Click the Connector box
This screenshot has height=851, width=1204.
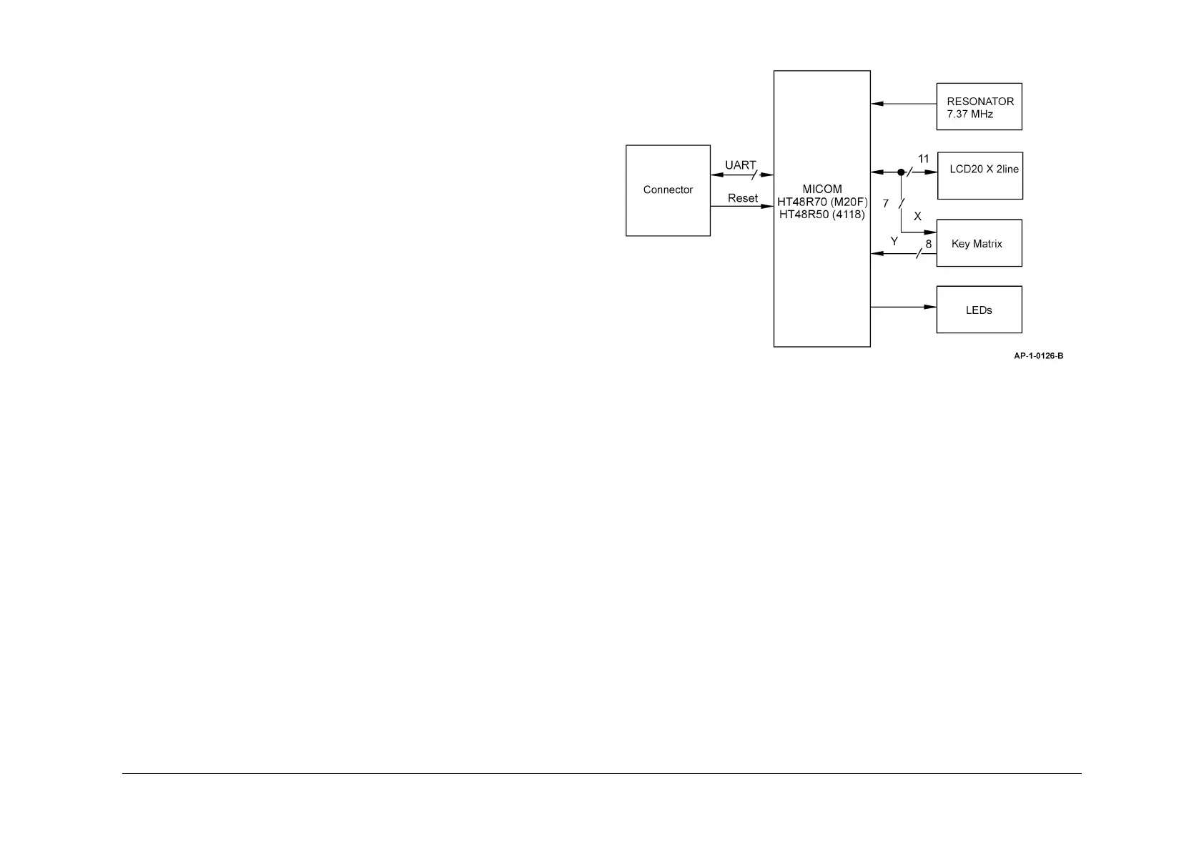(668, 190)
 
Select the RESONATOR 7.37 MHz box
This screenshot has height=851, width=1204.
(979, 107)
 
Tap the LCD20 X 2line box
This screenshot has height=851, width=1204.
(980, 175)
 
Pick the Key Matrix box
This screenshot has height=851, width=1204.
(979, 243)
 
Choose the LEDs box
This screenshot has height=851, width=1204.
(979, 310)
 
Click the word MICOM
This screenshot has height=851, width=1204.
(822, 190)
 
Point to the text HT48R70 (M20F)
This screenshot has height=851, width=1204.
(822, 202)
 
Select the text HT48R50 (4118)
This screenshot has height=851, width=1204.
(822, 214)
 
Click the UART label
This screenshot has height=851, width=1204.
(740, 165)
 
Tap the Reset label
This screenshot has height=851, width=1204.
(742, 198)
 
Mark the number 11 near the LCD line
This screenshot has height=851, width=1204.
(924, 159)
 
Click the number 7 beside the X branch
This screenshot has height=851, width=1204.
(886, 204)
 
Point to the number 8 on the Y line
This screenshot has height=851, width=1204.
(929, 244)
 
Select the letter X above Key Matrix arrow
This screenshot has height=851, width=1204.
(917, 216)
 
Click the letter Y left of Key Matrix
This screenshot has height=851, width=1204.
(894, 242)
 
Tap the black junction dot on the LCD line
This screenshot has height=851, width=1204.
(901, 172)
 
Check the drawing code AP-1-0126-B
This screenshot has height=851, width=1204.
(1038, 356)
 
